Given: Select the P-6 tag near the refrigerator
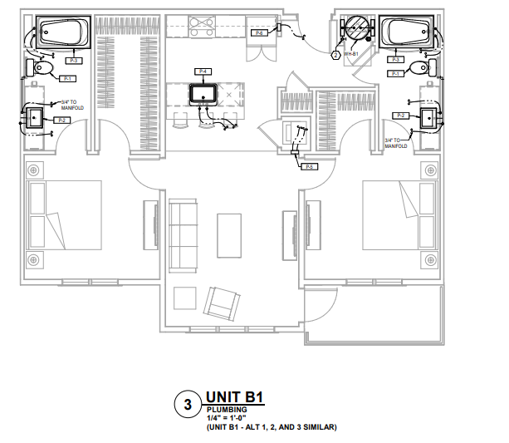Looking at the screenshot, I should coord(259,33).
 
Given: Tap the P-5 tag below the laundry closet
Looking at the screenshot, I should coord(308,167).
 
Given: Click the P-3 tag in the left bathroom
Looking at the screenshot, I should coord(73,61).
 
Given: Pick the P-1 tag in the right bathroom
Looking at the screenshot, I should coord(395,74).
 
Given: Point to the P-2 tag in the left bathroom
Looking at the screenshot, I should coord(61,121).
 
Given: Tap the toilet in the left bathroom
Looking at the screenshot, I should coord(44,67).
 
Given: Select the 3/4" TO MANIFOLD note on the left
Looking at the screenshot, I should coord(72,105).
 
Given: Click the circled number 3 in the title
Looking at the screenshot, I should coord(188,405).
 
